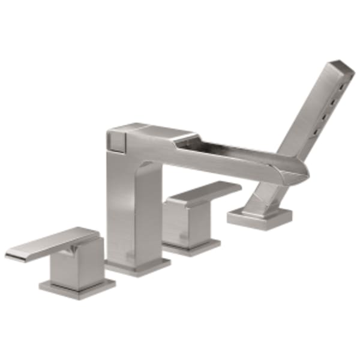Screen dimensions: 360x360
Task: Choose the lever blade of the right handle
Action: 207,192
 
